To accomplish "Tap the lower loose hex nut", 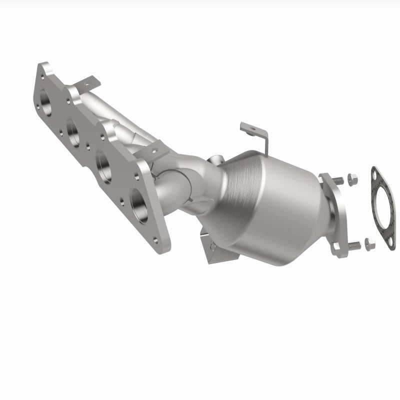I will click(x=369, y=243).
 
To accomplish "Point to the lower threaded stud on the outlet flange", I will click(x=353, y=244).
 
